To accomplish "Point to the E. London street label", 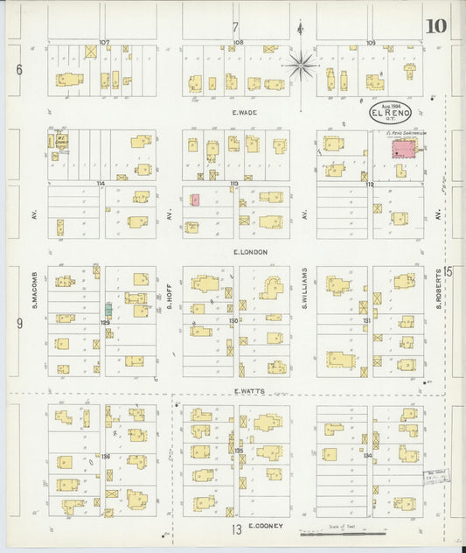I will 250,252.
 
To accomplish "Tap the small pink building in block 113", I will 195,199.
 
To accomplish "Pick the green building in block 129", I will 108,309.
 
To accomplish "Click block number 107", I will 105,42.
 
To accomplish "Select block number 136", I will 105,457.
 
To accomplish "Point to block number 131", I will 367,321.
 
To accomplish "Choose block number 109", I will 371,42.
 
